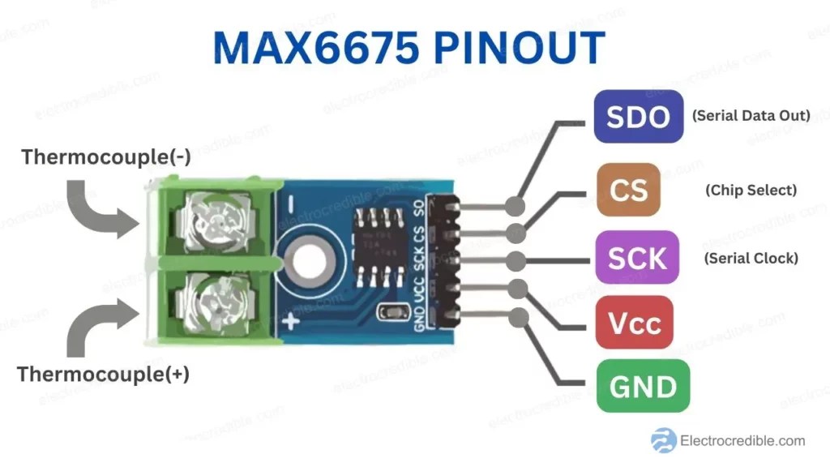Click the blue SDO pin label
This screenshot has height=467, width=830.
pyautogui.click(x=638, y=117)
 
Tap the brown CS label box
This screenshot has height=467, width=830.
pyautogui.click(x=628, y=190)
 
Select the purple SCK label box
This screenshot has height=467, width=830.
pyautogui.click(x=637, y=257)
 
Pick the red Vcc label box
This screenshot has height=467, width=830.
pyautogui.click(x=634, y=323)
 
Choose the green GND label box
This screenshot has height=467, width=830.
pyautogui.click(x=643, y=386)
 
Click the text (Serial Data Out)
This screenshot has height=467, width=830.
pyautogui.click(x=751, y=115)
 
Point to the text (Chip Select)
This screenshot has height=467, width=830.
pyautogui.click(x=751, y=190)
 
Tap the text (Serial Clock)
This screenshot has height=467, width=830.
pyautogui.click(x=751, y=258)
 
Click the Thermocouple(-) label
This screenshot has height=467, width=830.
pyautogui.click(x=106, y=156)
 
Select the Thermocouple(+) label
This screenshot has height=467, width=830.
pyautogui.click(x=103, y=375)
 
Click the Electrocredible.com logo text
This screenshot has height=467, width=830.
pyautogui.click(x=743, y=440)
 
